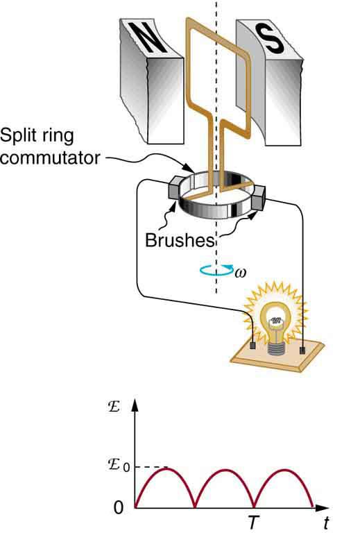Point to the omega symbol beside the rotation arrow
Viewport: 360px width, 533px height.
241,273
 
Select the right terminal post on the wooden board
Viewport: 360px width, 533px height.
303,350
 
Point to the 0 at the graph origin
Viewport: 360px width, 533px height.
119,508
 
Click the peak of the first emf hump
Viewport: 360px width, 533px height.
165,470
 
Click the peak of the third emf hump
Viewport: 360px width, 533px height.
285,470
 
